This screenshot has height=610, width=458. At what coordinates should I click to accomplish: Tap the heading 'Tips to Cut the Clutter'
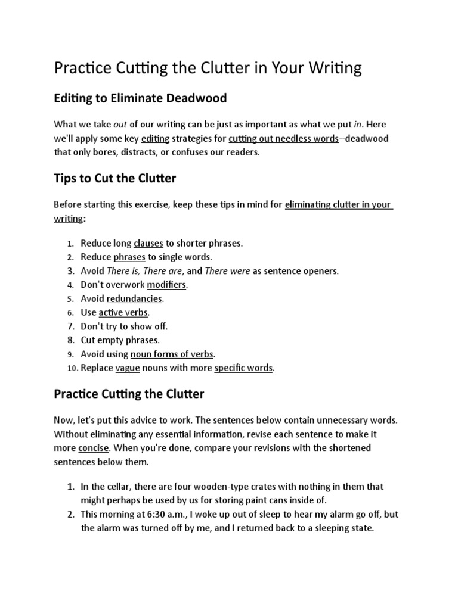[115, 178]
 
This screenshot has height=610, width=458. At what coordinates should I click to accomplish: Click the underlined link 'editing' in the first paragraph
[155, 139]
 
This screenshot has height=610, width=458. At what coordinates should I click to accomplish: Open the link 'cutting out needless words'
[279, 139]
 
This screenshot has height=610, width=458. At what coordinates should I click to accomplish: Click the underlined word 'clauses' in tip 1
[148, 243]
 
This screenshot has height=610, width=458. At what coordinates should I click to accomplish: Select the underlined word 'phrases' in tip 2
[129, 257]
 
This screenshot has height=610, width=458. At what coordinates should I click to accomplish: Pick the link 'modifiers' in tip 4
[166, 285]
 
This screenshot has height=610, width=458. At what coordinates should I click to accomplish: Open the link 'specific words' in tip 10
[243, 368]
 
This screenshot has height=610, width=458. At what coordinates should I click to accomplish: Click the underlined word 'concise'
[93, 447]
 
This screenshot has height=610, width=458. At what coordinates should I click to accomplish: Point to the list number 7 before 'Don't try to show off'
[70, 326]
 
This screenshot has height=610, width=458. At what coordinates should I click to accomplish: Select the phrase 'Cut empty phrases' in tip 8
[120, 340]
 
